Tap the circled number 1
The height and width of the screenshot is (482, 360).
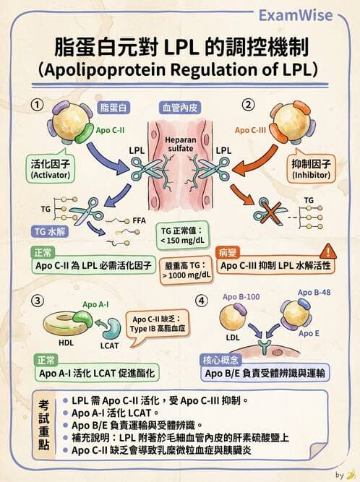click(34, 104)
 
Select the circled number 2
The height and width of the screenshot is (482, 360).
click(249, 104)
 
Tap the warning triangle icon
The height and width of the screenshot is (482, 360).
click(328, 251)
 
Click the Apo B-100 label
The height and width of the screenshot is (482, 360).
click(239, 297)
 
